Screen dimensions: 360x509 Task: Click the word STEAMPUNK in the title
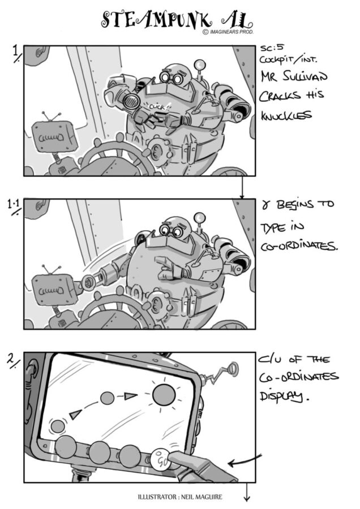157,20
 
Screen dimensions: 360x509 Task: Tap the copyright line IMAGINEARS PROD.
232,32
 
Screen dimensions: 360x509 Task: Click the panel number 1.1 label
14,206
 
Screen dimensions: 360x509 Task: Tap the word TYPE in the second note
272,229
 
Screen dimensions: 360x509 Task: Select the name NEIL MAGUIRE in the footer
202,497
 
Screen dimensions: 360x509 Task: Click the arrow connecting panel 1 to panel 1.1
242,187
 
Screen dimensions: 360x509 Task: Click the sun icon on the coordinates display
164,395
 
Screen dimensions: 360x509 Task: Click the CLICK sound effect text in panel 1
157,107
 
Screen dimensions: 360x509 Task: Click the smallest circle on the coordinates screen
58,426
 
